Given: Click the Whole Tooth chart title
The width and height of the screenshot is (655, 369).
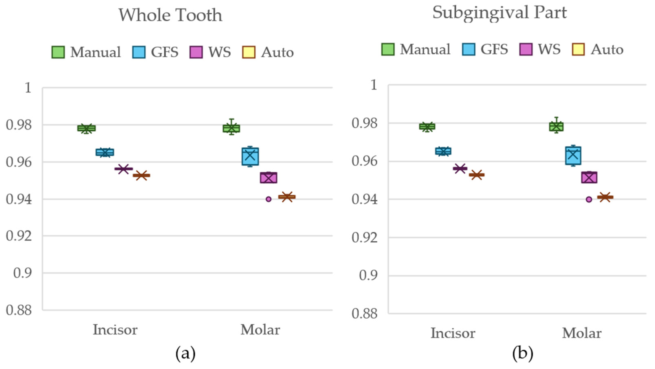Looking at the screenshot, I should (x=170, y=15).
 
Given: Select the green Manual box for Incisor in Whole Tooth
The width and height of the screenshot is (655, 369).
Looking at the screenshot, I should (x=86, y=128).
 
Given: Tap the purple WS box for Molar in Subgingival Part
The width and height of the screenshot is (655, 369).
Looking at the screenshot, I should (x=589, y=177).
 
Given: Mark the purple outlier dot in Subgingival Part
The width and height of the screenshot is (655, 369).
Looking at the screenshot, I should (x=589, y=199).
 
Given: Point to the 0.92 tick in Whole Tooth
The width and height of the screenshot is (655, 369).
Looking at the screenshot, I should (x=19, y=236).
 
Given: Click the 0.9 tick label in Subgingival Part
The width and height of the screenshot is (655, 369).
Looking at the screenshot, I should (x=367, y=275).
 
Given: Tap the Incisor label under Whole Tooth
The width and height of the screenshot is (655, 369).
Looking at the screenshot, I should (x=115, y=330).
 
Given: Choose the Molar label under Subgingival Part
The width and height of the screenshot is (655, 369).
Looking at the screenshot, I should (x=582, y=333).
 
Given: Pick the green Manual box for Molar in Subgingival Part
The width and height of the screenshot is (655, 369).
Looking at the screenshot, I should (x=556, y=126).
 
